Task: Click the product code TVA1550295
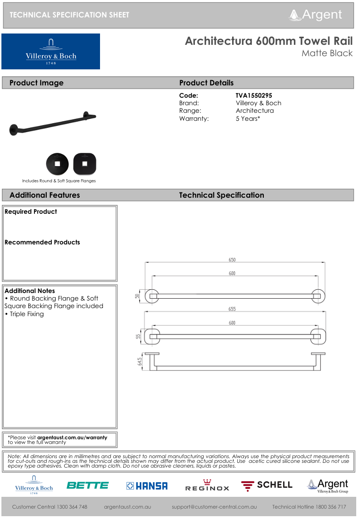click(x=254, y=95)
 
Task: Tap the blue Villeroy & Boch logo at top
click(x=51, y=51)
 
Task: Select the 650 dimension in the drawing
click(x=232, y=259)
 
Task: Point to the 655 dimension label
click(x=232, y=309)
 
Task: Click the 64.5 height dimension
click(x=140, y=361)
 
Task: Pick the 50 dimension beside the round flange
click(x=137, y=296)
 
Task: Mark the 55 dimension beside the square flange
click(x=138, y=336)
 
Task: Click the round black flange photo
click(x=57, y=164)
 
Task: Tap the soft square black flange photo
click(x=84, y=164)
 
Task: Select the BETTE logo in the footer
click(x=88, y=486)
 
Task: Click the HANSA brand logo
click(x=147, y=486)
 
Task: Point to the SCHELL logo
click(x=267, y=486)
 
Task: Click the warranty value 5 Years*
click(x=248, y=118)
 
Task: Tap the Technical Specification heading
click(x=221, y=195)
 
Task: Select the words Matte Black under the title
click(x=327, y=53)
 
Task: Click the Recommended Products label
click(x=42, y=243)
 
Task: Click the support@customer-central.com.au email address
click(x=214, y=507)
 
